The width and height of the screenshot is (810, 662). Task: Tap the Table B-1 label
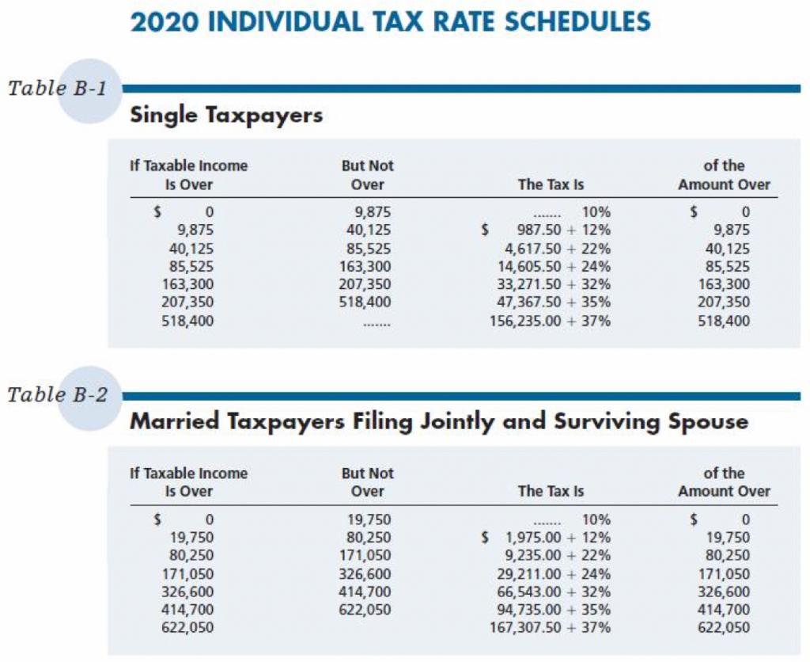(57, 88)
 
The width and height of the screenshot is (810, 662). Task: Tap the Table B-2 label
(57, 395)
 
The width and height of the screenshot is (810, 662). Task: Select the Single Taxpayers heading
(226, 116)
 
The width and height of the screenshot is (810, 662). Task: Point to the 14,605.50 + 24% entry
(551, 267)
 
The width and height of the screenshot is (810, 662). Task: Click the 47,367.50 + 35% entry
(551, 303)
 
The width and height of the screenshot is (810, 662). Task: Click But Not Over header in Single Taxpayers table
(367, 175)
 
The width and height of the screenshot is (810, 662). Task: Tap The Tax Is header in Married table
(551, 492)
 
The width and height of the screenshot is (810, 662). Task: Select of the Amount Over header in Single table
(724, 175)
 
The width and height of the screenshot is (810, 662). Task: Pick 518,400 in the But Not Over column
(365, 303)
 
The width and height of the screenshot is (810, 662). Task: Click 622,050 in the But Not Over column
(365, 610)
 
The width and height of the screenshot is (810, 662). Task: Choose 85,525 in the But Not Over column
(365, 249)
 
